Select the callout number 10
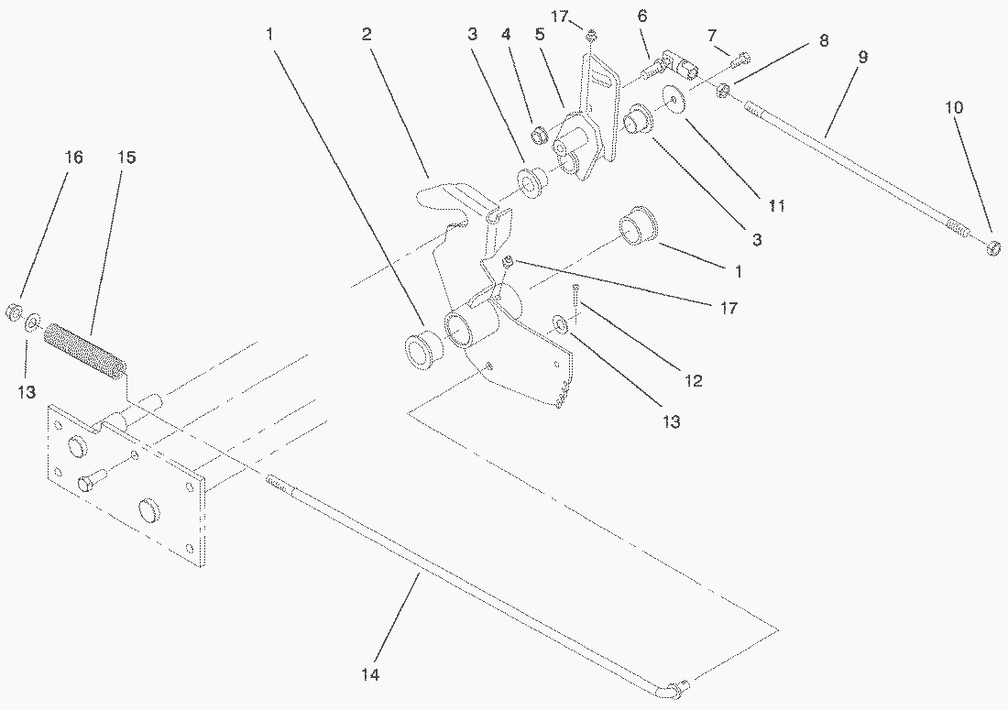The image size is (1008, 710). [x=954, y=108]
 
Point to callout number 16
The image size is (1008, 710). [x=73, y=158]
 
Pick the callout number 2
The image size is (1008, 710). [x=367, y=35]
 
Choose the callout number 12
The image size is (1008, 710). [x=694, y=380]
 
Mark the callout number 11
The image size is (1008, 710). [x=776, y=207]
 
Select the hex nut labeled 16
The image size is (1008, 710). [x=13, y=312]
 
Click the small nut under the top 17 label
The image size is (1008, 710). [x=593, y=36]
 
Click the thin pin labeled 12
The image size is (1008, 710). [x=575, y=297]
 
